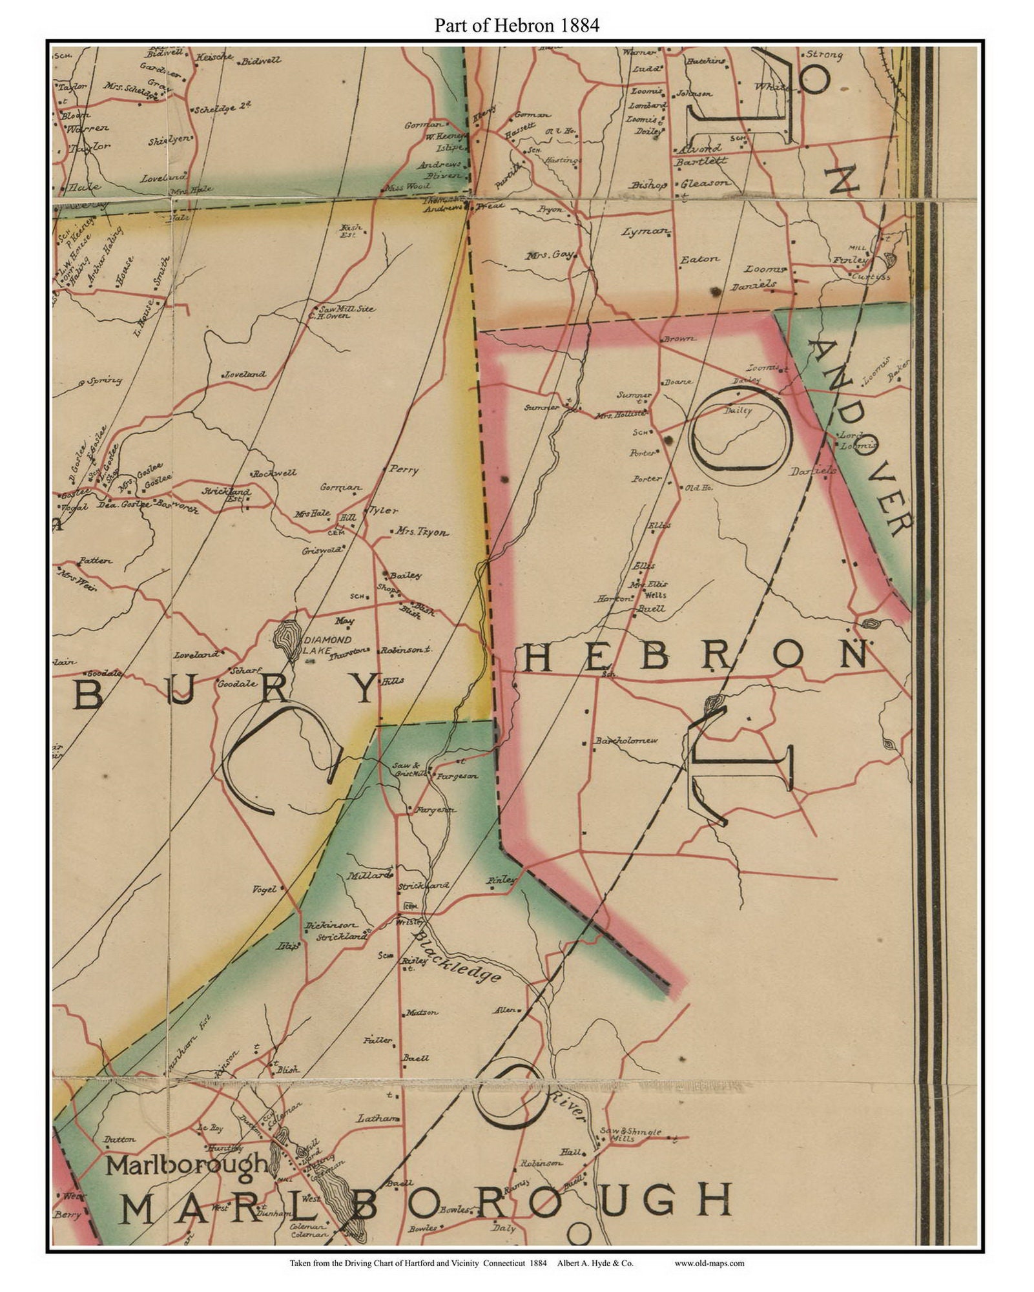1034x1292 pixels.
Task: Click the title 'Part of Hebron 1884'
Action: tap(517, 26)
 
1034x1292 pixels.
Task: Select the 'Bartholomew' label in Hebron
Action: tap(626, 740)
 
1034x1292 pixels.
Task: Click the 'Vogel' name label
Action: tap(264, 889)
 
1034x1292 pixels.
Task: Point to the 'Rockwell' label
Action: tap(274, 474)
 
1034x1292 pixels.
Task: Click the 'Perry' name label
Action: tap(404, 470)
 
